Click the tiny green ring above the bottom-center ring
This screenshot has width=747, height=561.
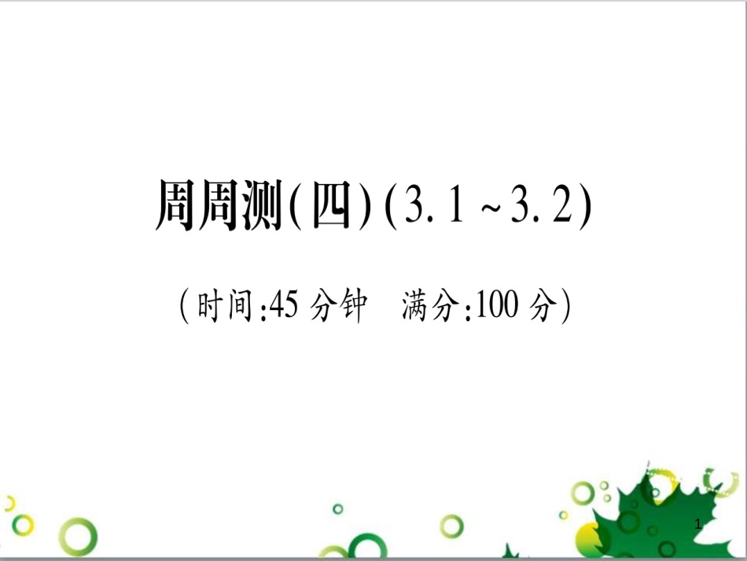pyautogui.click(x=338, y=509)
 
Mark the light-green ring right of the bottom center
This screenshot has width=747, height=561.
pyautogui.click(x=451, y=526)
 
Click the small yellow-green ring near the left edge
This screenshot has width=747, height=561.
pyautogui.click(x=23, y=524)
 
